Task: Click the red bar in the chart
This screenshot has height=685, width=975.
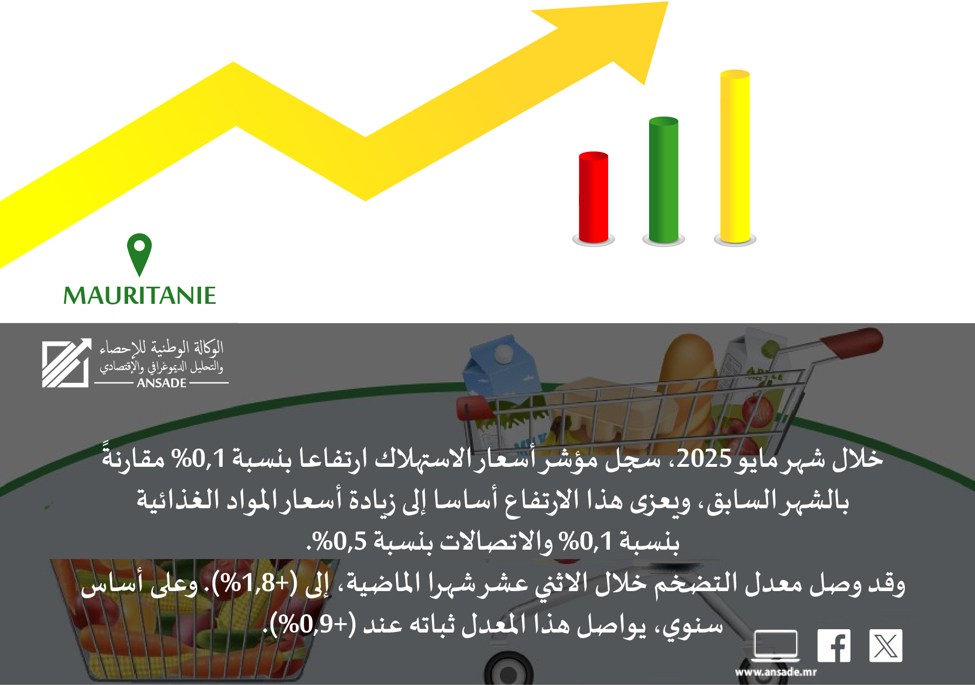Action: tap(593, 197)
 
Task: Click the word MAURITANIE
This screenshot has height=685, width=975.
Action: tap(140, 296)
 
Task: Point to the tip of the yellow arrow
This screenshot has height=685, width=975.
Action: tap(668, 2)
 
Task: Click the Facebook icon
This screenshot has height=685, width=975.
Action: tap(834, 645)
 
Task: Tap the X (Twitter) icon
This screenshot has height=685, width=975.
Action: tap(886, 645)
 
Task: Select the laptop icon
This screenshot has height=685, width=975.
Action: tap(776, 646)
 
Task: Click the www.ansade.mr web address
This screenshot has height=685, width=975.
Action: tap(776, 672)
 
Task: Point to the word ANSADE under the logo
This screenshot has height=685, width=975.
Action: tap(161, 383)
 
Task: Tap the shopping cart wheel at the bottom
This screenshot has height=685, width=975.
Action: tap(508, 669)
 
